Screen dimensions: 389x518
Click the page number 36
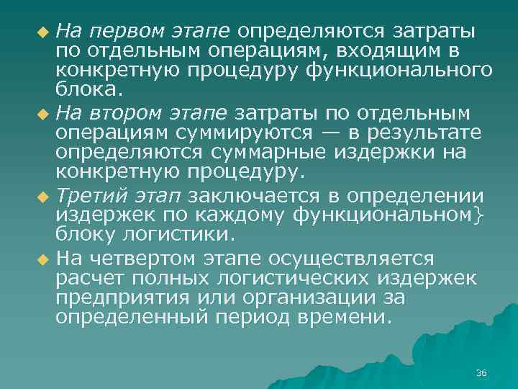[481, 372]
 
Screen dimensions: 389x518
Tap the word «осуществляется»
[351, 258]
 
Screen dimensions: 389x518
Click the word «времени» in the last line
[354, 318]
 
